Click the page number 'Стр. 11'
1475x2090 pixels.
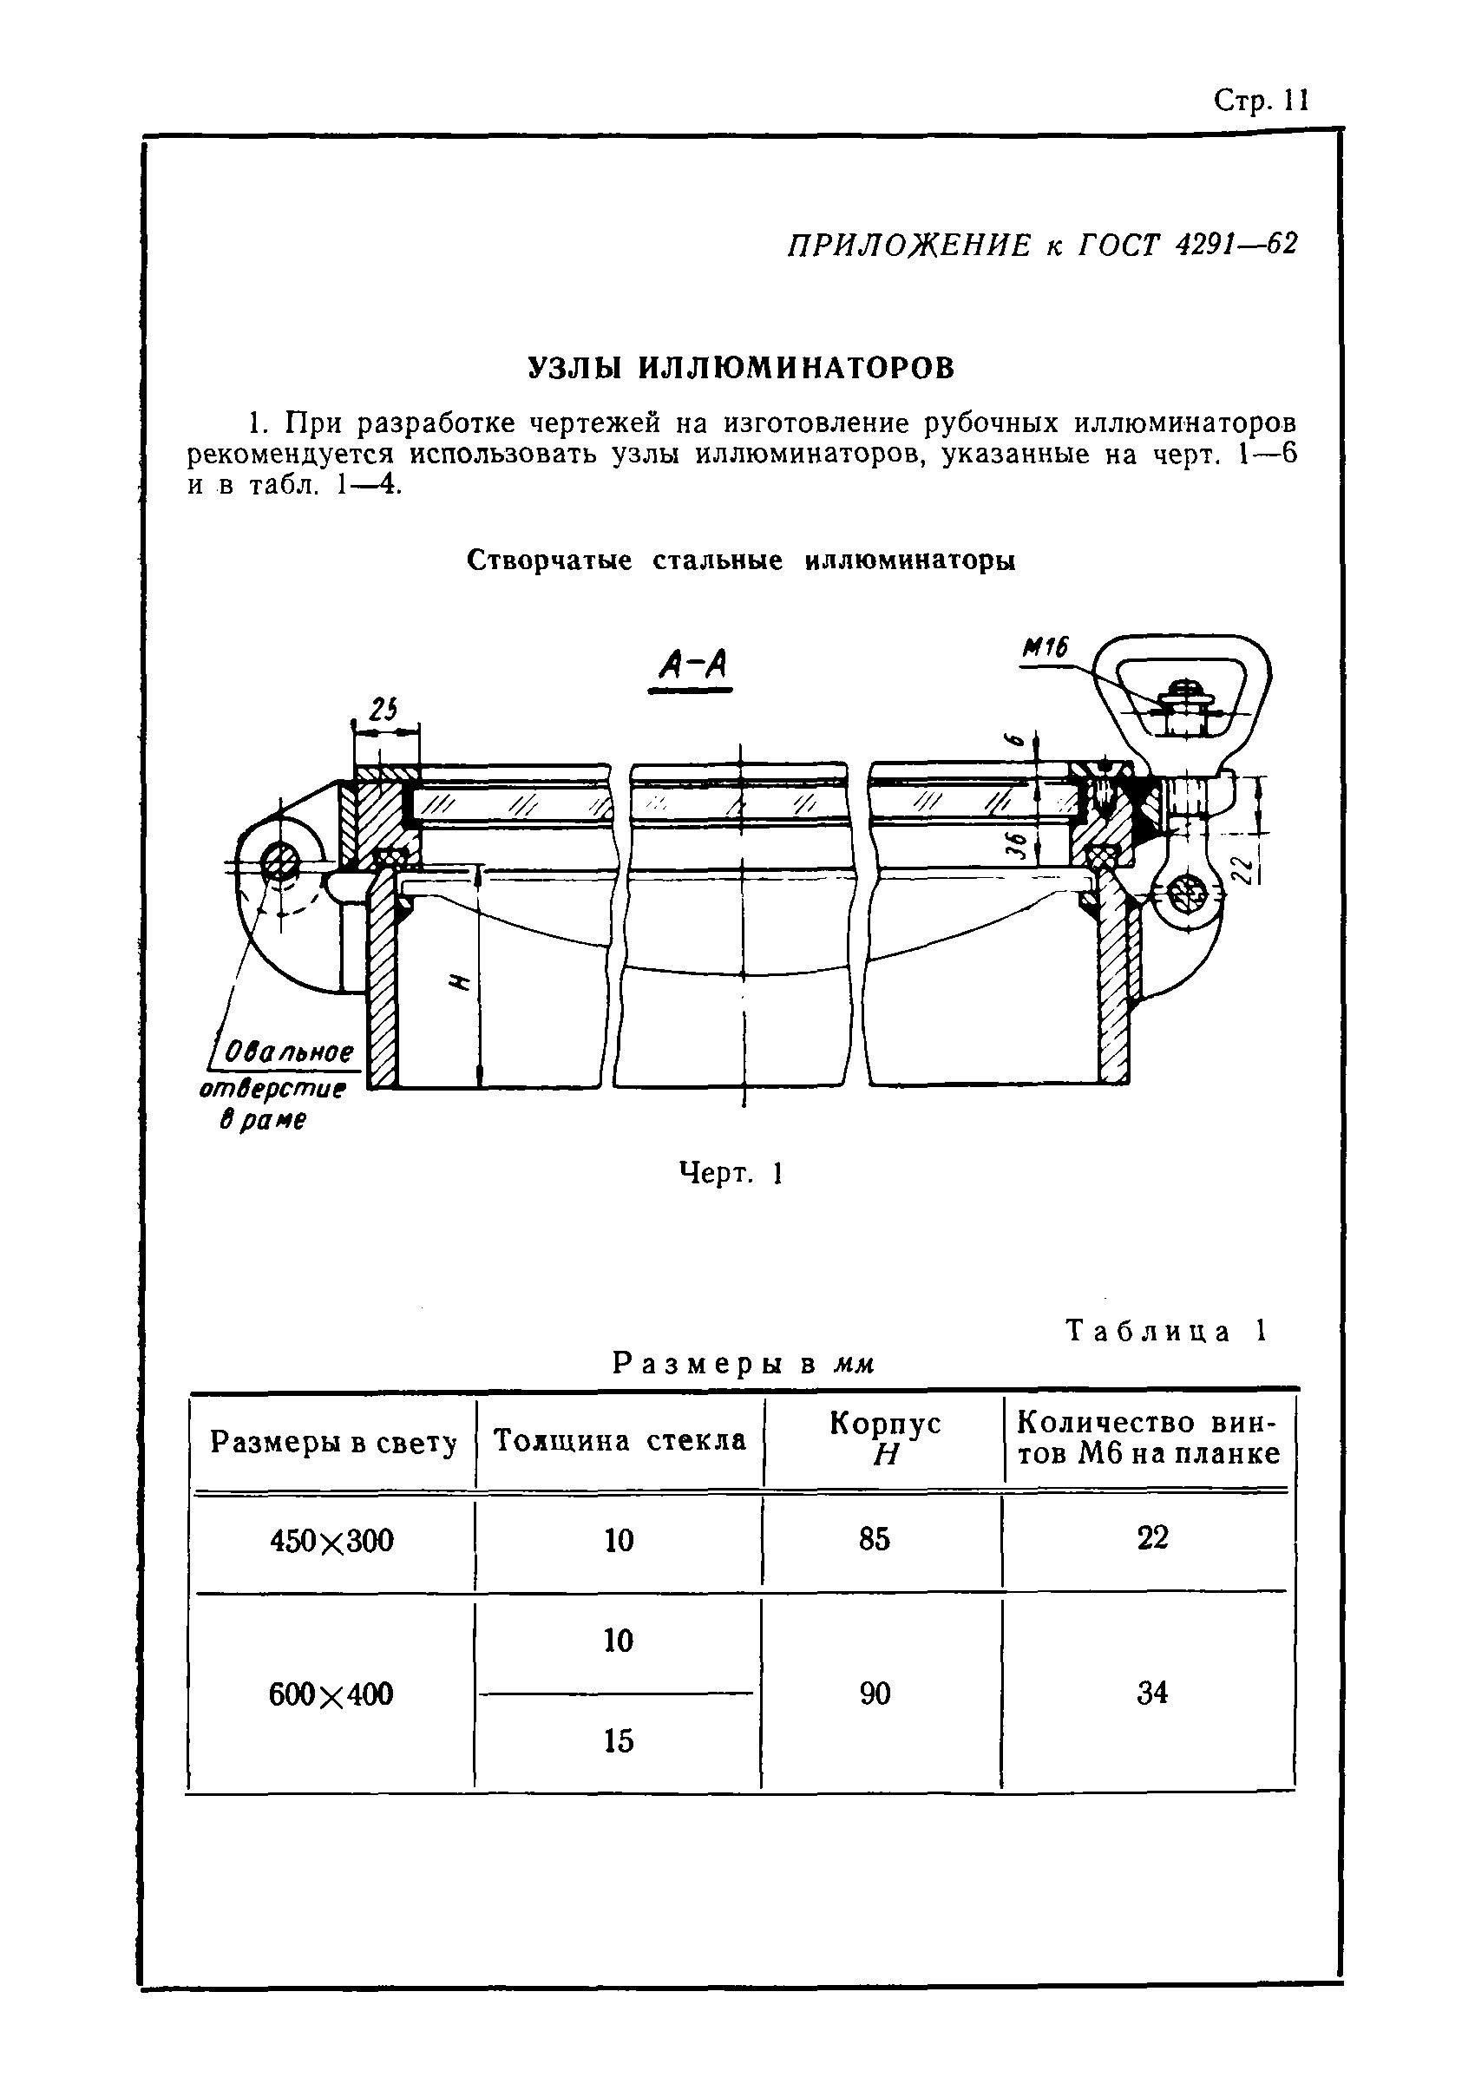1261,100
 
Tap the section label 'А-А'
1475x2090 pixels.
691,667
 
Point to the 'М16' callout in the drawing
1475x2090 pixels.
1045,647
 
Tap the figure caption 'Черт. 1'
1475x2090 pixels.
731,1173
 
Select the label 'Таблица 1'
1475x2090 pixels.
1166,1332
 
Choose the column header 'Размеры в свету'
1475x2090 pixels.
333,1443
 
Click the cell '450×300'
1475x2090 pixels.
332,1540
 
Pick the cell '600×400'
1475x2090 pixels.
331,1694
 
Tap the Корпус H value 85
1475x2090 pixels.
873,1538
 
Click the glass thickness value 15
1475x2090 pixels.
619,1740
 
